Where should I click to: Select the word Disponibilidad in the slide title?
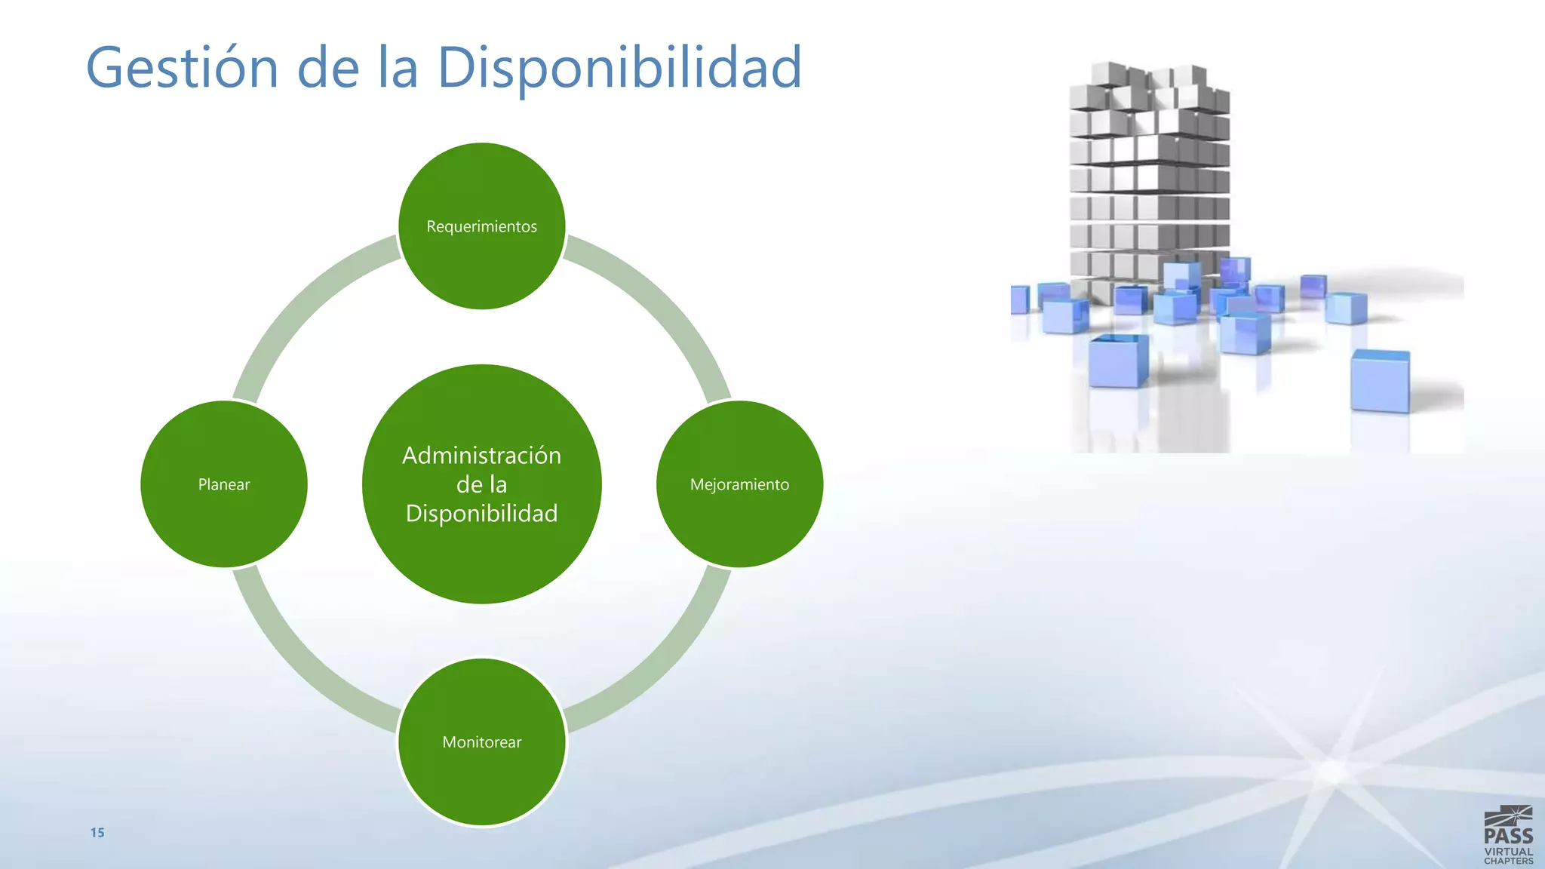click(619, 68)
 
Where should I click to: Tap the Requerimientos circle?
click(482, 226)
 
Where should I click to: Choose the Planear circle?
click(224, 484)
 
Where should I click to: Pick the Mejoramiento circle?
click(739, 484)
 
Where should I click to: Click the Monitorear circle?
click(482, 742)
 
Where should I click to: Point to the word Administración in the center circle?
click(482, 456)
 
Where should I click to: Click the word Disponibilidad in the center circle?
click(482, 514)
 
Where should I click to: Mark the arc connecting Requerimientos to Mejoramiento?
click(664, 302)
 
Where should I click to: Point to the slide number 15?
click(97, 833)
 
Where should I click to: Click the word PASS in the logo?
click(1508, 836)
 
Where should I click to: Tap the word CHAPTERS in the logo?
click(1508, 861)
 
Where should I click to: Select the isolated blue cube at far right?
click(1380, 381)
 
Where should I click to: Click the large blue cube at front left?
click(1118, 361)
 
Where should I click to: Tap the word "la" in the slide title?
click(398, 68)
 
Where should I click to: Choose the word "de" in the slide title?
click(328, 68)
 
